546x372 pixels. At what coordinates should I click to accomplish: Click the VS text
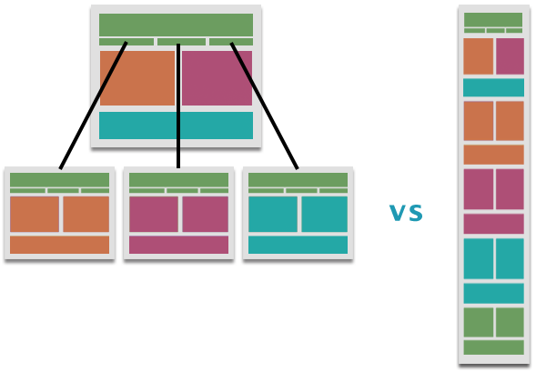coord(406,214)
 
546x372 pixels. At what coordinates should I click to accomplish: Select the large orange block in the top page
coord(136,78)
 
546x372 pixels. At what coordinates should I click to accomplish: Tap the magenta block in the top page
coord(217,78)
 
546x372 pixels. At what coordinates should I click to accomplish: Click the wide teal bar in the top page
coord(176,126)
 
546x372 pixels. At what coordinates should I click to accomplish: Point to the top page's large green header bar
coord(176,25)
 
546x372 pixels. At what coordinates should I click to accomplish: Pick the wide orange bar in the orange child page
coord(59,245)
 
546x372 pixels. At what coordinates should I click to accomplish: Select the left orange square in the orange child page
coord(35,215)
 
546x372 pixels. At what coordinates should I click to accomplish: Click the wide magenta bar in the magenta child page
coord(178,245)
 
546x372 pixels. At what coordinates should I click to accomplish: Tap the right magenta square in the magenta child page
coord(205,215)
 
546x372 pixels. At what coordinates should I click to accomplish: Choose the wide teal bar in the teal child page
coord(298,245)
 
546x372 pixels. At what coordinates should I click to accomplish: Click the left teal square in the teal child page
coord(273,215)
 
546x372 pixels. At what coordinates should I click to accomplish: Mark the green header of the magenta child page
coord(178,180)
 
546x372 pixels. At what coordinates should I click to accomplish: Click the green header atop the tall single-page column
coord(493,20)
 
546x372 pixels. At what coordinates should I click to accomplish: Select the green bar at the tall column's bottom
coord(493,347)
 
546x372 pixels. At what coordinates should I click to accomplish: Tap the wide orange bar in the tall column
coord(493,155)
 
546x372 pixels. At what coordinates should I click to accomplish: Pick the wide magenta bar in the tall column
coord(493,224)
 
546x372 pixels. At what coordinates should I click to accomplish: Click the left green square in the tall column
coord(478,322)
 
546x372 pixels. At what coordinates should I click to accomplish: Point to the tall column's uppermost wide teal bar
coord(493,87)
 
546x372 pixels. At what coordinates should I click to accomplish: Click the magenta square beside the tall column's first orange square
coord(510,56)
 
